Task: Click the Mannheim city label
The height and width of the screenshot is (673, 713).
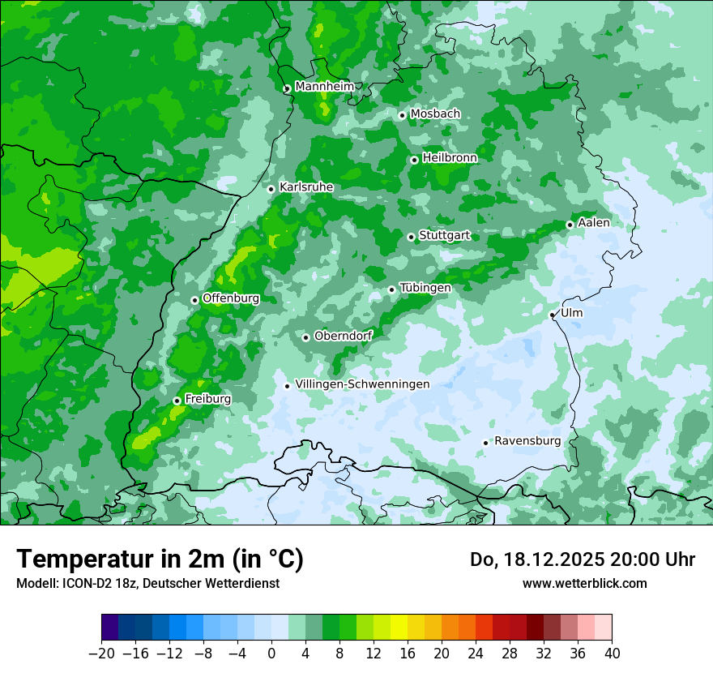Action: [325, 87]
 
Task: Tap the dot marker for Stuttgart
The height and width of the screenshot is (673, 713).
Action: [411, 237]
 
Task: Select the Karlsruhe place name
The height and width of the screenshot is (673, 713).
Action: [306, 187]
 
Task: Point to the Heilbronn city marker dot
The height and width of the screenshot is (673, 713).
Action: [414, 160]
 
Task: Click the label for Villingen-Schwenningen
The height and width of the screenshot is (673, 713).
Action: [362, 384]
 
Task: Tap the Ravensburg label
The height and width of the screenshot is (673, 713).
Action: [527, 441]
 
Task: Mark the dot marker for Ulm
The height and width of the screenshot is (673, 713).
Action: [552, 315]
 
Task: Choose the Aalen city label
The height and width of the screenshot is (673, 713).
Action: [594, 223]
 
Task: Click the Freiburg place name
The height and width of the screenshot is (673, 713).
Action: [207, 399]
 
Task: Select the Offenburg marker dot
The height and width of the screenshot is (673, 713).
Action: [194, 300]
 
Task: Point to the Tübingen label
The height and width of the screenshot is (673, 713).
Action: [425, 288]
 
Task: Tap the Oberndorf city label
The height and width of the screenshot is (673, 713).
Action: [343, 336]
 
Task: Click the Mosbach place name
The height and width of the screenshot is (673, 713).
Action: [435, 114]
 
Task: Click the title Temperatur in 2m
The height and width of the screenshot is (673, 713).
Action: [160, 559]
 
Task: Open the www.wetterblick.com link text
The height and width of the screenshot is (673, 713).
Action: [584, 583]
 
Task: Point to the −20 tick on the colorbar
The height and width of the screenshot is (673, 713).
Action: [101, 653]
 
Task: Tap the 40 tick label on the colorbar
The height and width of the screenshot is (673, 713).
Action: [612, 653]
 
